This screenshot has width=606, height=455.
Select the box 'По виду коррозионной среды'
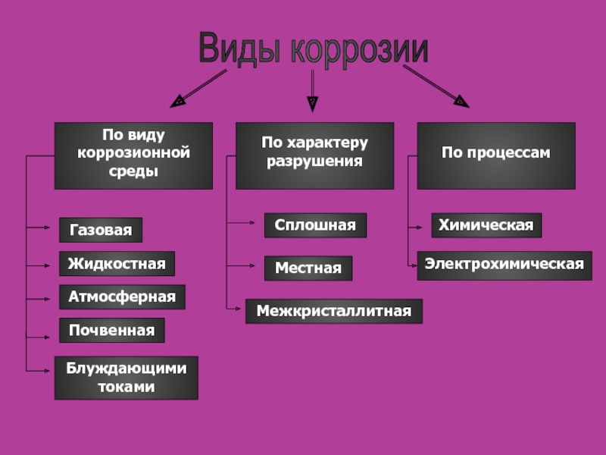coord(133,155)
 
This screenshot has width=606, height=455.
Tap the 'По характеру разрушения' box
coord(314,155)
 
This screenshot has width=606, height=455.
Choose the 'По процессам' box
coord(496,155)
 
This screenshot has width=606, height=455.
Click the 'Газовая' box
coord(101,230)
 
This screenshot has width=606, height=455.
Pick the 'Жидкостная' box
coord(117,264)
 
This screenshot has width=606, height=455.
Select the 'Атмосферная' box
coord(122,297)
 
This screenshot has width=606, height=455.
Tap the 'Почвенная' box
coord(111,331)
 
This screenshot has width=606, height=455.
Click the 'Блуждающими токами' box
coord(126,378)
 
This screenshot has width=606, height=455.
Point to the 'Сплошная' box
coord(315,225)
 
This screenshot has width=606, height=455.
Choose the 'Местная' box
coord(308,268)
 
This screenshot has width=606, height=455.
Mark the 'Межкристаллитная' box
coord(333,311)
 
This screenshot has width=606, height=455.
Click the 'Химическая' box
coord(486,225)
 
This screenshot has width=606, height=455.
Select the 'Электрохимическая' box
coord(504,265)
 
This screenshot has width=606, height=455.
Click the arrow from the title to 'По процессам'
coord(435,84)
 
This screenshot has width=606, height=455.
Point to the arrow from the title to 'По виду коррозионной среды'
coord(200,86)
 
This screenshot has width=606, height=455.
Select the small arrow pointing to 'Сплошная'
coord(242,223)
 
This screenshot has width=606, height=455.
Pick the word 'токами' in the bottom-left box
coord(126,387)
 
